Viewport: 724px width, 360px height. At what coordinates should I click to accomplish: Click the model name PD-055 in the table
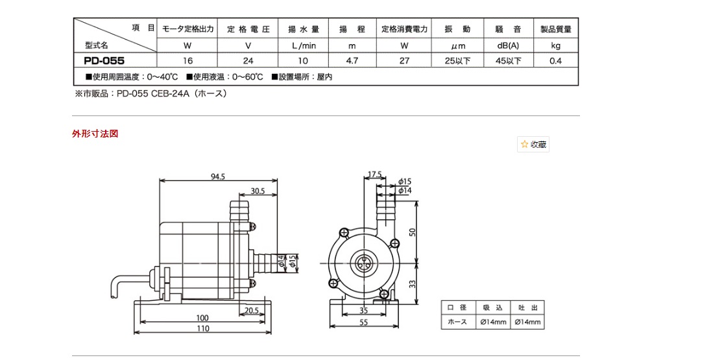(104, 61)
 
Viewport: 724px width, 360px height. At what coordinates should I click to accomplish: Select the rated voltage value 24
(247, 61)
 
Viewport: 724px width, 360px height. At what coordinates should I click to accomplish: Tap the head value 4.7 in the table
(352, 61)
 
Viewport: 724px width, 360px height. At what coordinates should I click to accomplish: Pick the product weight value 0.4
(555, 61)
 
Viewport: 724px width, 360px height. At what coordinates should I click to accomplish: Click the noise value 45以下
(507, 61)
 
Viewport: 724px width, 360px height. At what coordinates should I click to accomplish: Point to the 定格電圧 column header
(247, 29)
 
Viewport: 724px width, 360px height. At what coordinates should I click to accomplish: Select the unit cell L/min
(300, 46)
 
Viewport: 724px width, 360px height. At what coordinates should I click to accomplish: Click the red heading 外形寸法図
(95, 134)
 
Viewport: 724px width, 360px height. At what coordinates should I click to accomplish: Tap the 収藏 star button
(533, 145)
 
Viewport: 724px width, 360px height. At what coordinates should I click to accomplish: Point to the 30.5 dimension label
(258, 191)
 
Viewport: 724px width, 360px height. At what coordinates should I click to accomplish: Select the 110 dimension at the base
(203, 329)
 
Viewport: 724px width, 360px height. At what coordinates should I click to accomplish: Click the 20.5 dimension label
(253, 311)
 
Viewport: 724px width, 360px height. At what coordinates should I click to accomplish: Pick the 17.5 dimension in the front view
(374, 174)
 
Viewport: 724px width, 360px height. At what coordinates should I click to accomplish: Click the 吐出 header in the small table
(527, 307)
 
